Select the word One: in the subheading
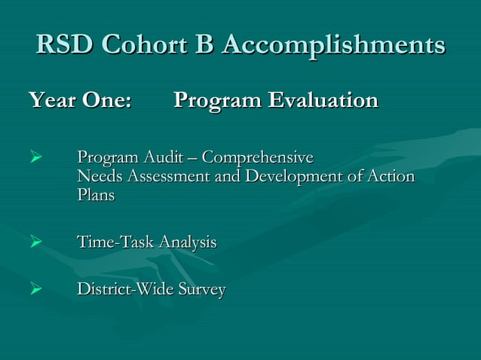pos(106,100)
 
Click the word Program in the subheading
pos(216,101)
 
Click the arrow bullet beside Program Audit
pos(33,159)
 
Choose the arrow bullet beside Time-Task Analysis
pos(33,243)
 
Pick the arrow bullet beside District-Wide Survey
pos(33,290)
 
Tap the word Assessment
pos(170,177)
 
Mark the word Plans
pos(96,194)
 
